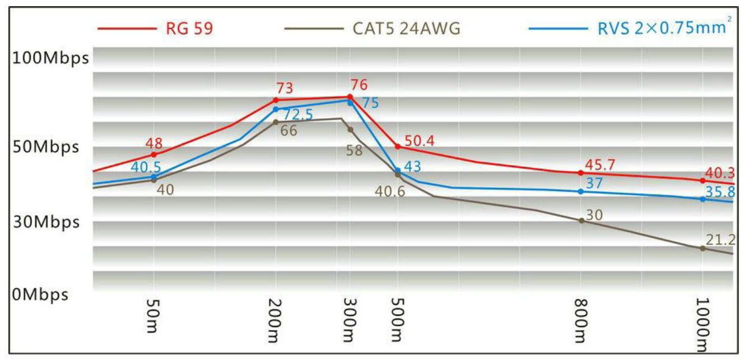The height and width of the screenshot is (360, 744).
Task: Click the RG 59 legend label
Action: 189,29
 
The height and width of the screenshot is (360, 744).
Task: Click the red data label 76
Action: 359,86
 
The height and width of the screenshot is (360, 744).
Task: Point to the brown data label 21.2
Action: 720,240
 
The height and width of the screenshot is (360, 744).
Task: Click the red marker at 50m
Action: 154,155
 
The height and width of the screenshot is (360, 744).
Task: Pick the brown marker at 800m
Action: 581,221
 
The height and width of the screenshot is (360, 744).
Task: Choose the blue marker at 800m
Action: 581,191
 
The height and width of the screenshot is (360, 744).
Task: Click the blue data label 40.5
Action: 146,167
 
